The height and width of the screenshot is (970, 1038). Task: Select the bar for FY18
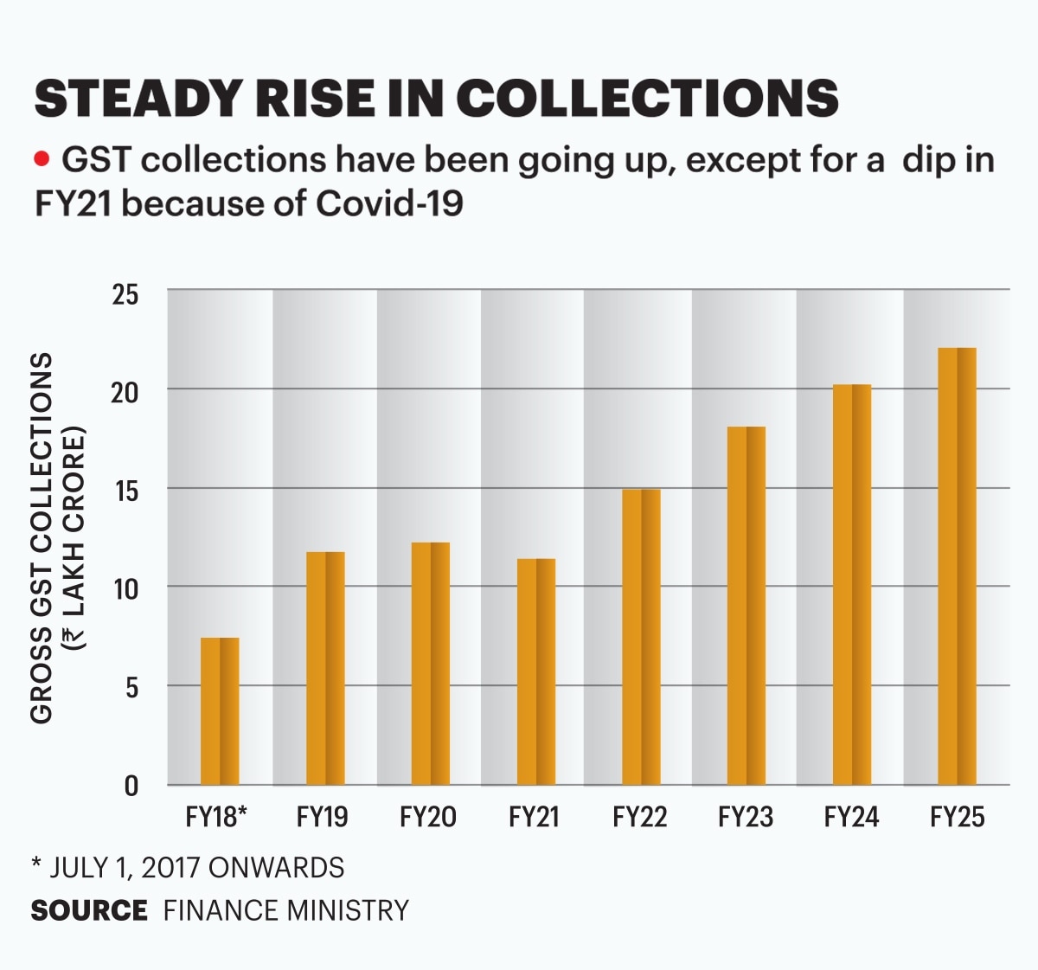tap(220, 711)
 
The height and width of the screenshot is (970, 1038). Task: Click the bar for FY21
tap(536, 671)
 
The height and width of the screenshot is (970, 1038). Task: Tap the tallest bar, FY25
tap(957, 566)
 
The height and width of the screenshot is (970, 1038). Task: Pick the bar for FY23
tap(746, 606)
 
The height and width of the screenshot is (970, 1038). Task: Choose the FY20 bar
tap(430, 664)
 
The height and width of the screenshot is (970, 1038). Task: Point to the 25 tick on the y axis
tap(125, 295)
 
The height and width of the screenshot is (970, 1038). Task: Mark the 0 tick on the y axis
tap(131, 786)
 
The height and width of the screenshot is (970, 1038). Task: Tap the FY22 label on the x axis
tap(639, 817)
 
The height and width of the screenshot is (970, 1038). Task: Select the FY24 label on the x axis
tap(851, 817)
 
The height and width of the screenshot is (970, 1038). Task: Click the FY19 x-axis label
tap(322, 817)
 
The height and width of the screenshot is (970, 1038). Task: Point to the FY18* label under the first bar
tap(216, 817)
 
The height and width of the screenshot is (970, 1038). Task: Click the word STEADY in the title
tap(136, 98)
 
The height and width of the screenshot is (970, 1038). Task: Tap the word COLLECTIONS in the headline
tap(647, 98)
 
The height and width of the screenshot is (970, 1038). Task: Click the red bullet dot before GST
tap(41, 160)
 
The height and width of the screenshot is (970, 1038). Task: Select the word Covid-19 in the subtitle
tap(389, 204)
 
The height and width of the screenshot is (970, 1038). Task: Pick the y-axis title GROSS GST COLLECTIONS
tap(42, 536)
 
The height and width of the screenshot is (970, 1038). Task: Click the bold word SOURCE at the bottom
tap(89, 910)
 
